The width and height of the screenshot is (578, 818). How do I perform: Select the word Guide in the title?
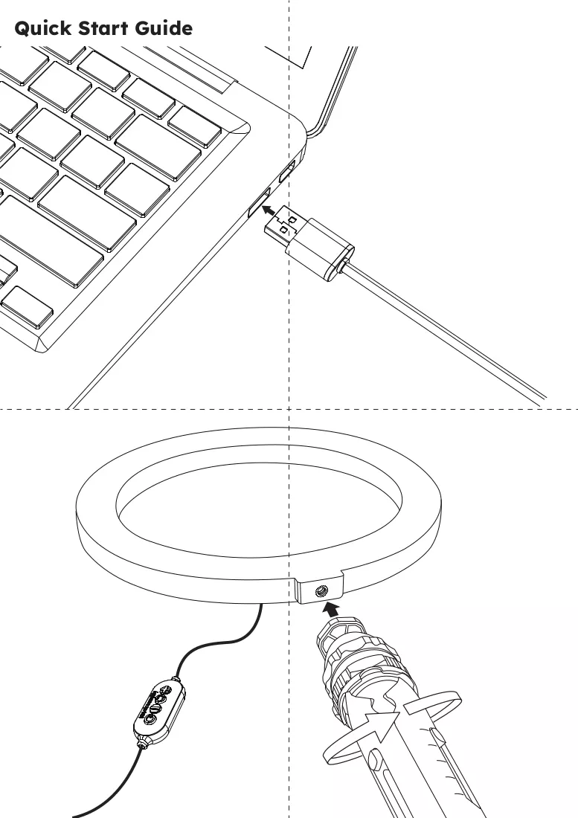click(164, 28)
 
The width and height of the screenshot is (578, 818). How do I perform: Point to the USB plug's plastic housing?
click(319, 250)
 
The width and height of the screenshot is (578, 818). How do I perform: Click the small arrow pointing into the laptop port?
click(268, 210)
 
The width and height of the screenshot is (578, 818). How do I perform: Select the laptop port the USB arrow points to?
click(259, 202)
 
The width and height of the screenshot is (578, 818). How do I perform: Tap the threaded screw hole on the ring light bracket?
click(320, 591)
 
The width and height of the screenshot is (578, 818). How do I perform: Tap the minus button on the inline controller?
click(155, 709)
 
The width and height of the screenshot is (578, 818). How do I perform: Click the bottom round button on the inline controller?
click(150, 719)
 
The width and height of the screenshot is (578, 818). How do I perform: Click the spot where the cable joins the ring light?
click(260, 605)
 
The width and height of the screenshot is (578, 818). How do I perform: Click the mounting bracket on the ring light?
click(318, 588)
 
